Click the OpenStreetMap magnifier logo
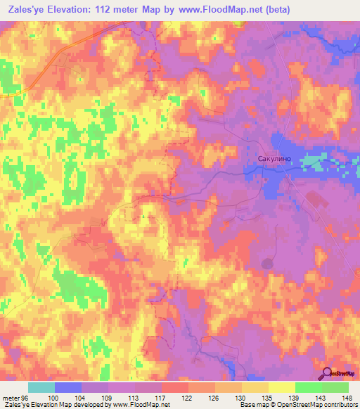click(328, 373)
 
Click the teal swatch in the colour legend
click(41, 387)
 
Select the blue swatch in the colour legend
click(68, 387)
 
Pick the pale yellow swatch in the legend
click(281, 387)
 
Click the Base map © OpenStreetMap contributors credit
click(299, 405)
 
